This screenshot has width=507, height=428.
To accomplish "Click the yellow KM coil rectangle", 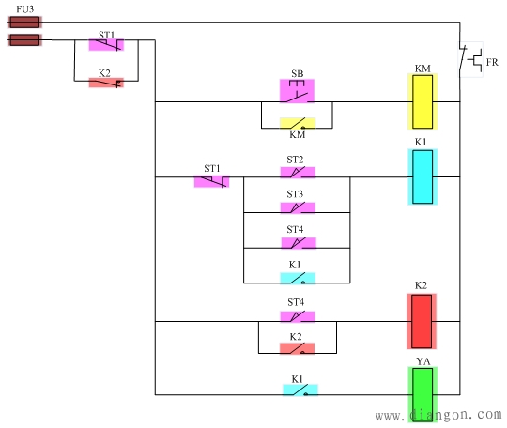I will [422, 101].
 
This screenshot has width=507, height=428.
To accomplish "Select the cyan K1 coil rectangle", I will [422, 176].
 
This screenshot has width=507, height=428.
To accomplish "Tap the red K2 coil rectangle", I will [422, 322].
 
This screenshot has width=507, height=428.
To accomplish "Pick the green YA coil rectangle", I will [422, 394].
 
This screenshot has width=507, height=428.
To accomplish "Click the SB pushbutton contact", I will [297, 91].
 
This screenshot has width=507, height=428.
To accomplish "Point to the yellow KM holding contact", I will [298, 123].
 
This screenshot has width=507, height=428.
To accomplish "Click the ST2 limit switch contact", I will [297, 173].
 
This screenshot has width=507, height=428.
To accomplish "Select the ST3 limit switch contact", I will [297, 207].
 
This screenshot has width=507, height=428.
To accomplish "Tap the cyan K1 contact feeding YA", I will [300, 390].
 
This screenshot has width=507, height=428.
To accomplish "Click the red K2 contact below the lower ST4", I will [297, 348].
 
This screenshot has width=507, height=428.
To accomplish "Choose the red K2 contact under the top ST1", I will [106, 83].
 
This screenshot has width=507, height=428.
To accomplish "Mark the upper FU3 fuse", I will [23, 21].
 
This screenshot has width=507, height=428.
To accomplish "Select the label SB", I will [297, 73].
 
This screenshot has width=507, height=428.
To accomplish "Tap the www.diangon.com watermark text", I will [438, 414].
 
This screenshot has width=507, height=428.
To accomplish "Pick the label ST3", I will [296, 194].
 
